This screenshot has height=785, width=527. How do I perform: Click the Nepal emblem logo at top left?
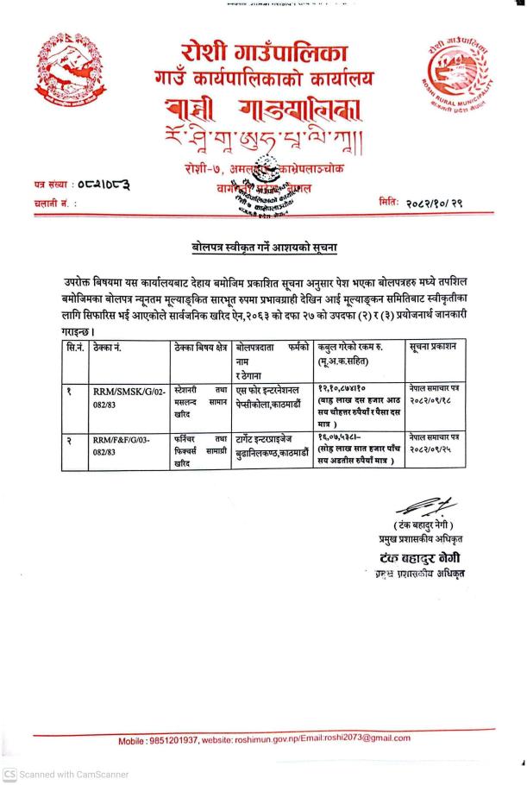[61, 74]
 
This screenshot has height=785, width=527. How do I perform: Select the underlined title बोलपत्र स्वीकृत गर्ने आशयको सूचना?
[263, 248]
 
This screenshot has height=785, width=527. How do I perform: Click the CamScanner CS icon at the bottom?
[10, 774]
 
